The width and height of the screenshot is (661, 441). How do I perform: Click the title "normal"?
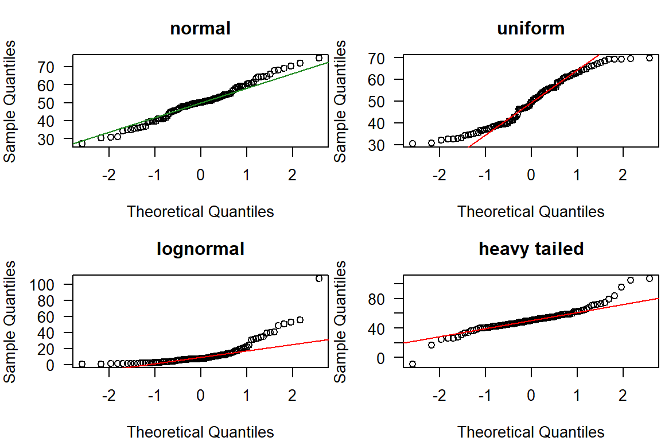coord(200,28)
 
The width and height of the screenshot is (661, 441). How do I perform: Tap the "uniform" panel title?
coord(531,28)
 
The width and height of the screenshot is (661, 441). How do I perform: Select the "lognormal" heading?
coord(200,249)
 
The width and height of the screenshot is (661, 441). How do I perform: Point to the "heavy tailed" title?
coord(531,249)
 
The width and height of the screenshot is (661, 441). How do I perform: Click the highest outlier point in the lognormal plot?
coord(319,278)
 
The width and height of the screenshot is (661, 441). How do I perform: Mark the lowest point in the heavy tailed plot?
coord(413,364)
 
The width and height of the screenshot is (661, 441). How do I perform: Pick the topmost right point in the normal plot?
coord(319,58)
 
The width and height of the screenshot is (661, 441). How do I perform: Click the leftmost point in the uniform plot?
coord(413,144)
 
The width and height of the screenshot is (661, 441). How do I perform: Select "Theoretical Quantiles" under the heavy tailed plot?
coord(531,432)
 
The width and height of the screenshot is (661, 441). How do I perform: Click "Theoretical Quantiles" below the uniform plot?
coord(531,211)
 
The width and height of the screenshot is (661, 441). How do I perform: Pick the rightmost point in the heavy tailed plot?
coord(650,278)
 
